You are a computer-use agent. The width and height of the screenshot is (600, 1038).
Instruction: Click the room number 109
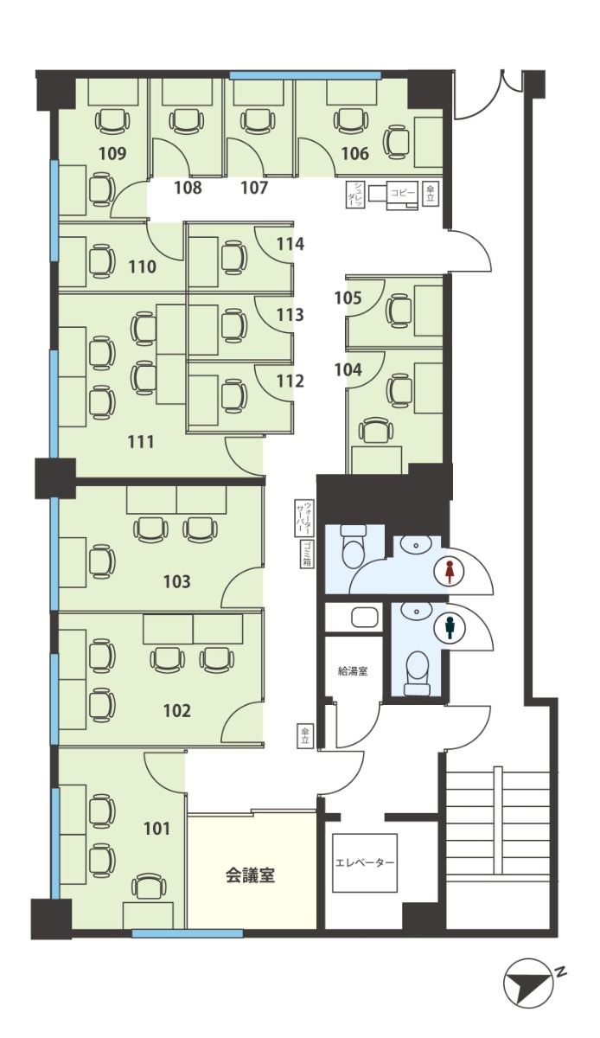(x=112, y=153)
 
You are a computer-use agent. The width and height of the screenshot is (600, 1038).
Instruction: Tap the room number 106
(x=355, y=153)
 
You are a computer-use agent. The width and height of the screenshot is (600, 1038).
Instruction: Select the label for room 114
(x=290, y=244)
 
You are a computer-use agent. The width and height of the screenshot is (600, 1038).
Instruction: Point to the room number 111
(x=140, y=442)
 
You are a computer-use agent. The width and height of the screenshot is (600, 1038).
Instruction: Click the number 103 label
(x=177, y=581)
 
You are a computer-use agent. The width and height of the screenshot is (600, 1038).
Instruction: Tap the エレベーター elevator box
(x=365, y=862)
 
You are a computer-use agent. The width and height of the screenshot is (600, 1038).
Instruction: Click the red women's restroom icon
(x=449, y=573)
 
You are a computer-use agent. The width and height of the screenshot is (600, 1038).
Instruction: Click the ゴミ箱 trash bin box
(x=307, y=554)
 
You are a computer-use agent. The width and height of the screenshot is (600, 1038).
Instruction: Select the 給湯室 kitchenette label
(x=353, y=671)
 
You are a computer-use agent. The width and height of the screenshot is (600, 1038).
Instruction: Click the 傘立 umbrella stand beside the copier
(x=430, y=192)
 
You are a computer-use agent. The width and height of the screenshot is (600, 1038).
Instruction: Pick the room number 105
(x=348, y=298)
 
